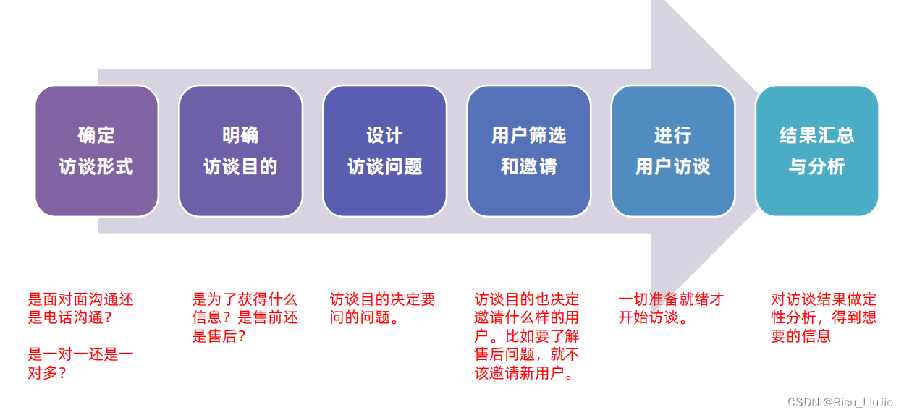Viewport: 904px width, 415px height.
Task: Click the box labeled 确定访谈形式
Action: pyautogui.click(x=96, y=150)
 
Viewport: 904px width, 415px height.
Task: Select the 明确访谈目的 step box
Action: pyautogui.click(x=240, y=150)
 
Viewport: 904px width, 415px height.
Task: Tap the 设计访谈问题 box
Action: pyautogui.click(x=384, y=150)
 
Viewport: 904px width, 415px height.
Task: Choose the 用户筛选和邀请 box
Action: pyautogui.click(x=528, y=150)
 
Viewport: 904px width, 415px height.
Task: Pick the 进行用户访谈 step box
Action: pyautogui.click(x=672, y=150)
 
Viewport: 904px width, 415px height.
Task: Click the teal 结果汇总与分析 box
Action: pyautogui.click(x=816, y=150)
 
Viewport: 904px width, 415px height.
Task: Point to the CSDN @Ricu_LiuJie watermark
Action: pyautogui.click(x=840, y=402)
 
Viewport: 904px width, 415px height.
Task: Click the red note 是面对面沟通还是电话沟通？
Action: pyautogui.click(x=80, y=309)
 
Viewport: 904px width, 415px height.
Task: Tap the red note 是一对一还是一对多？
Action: pyautogui.click(x=80, y=364)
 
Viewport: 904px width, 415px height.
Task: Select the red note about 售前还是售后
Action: pyautogui.click(x=245, y=317)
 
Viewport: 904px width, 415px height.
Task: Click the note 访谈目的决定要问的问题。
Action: pyautogui.click(x=382, y=309)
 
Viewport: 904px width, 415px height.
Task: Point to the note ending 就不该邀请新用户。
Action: pyautogui.click(x=527, y=336)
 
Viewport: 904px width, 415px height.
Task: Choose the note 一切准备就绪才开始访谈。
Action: pyautogui.click(x=671, y=309)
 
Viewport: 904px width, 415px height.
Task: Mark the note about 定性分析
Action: pyautogui.click(x=824, y=317)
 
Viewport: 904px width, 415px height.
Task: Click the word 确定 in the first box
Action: pyautogui.click(x=96, y=135)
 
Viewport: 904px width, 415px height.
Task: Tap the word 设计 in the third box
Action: pyautogui.click(x=384, y=135)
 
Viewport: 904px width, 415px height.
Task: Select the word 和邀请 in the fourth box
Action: pyautogui.click(x=528, y=166)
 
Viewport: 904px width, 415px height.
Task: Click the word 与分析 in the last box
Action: pyautogui.click(x=816, y=166)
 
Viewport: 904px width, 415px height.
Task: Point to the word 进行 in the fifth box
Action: pyautogui.click(x=672, y=135)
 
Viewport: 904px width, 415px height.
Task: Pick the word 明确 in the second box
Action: pyautogui.click(x=240, y=135)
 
